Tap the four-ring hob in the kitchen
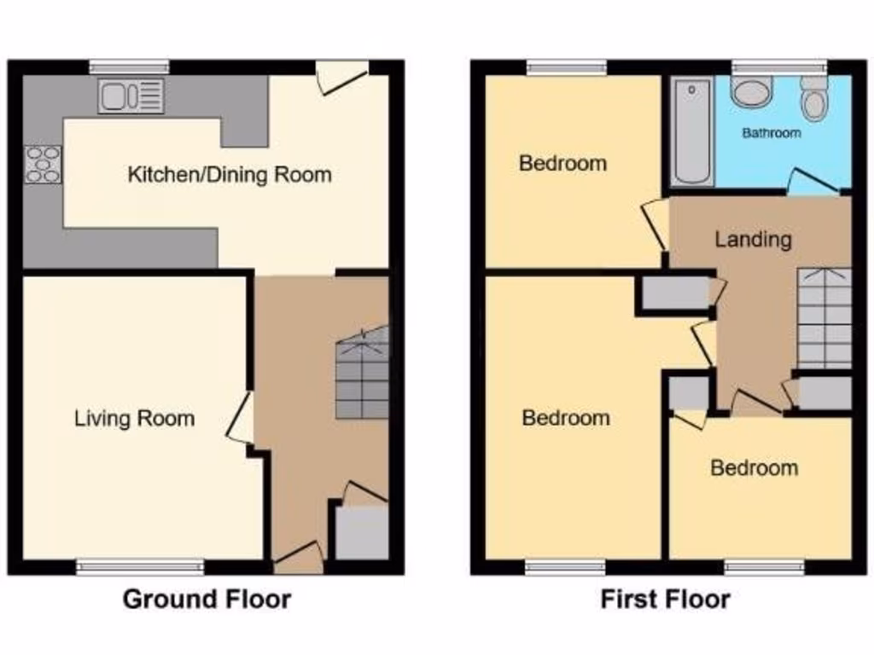[x=43, y=165]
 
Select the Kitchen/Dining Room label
[x=230, y=176]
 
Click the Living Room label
[x=134, y=419]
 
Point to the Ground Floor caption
[x=207, y=599]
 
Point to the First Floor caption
[x=665, y=599]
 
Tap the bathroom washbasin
[x=751, y=92]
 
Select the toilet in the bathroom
[x=814, y=101]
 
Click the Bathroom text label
[x=771, y=133]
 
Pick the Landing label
[x=753, y=240]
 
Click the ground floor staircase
[x=362, y=376]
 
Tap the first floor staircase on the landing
[x=824, y=317]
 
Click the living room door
[x=241, y=418]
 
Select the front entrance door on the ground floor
[x=299, y=558]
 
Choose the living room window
[x=141, y=566]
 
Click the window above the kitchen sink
[x=129, y=67]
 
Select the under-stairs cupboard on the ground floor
[x=362, y=533]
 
